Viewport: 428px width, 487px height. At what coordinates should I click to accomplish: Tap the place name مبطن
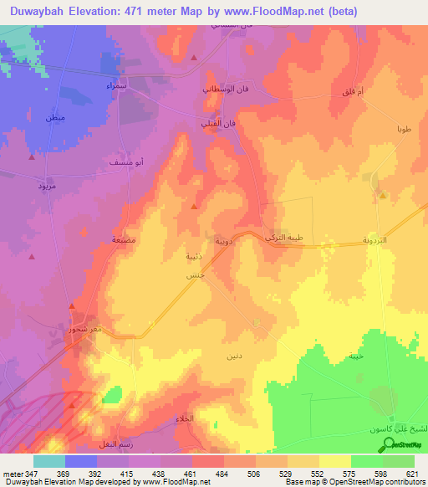click(x=55, y=118)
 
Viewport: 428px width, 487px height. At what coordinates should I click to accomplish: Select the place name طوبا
click(x=404, y=131)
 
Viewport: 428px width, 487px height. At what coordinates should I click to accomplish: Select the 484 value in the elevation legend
click(x=223, y=473)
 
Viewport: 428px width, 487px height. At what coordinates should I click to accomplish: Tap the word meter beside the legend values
click(x=12, y=473)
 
